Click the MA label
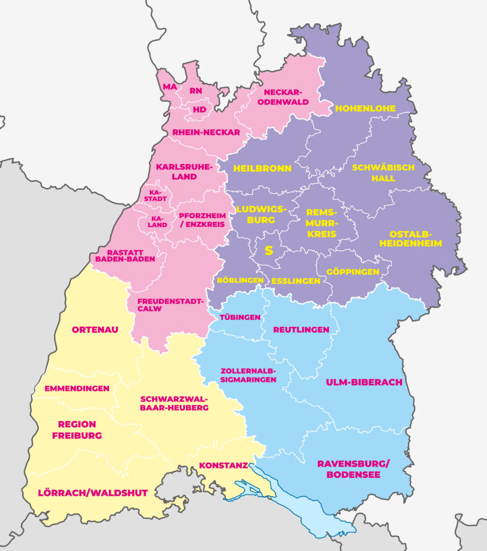pos(170,87)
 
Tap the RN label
pos(196,91)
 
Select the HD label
pos(199,109)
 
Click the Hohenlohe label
pos(365,109)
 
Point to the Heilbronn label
pos(262,168)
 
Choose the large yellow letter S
pos(269,251)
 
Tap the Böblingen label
pos(240,280)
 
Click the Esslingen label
pos(296,281)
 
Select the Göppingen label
pos(352,272)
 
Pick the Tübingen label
pos(240,317)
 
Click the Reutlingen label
pos(302,329)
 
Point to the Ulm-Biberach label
pos(364,382)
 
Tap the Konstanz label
pos(223,465)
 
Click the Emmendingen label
pos(77,388)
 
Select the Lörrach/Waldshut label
pos(92,492)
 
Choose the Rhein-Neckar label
pos(206,132)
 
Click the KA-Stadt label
pos(154,195)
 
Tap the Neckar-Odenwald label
pos(287,97)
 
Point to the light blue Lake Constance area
pos(301,511)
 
